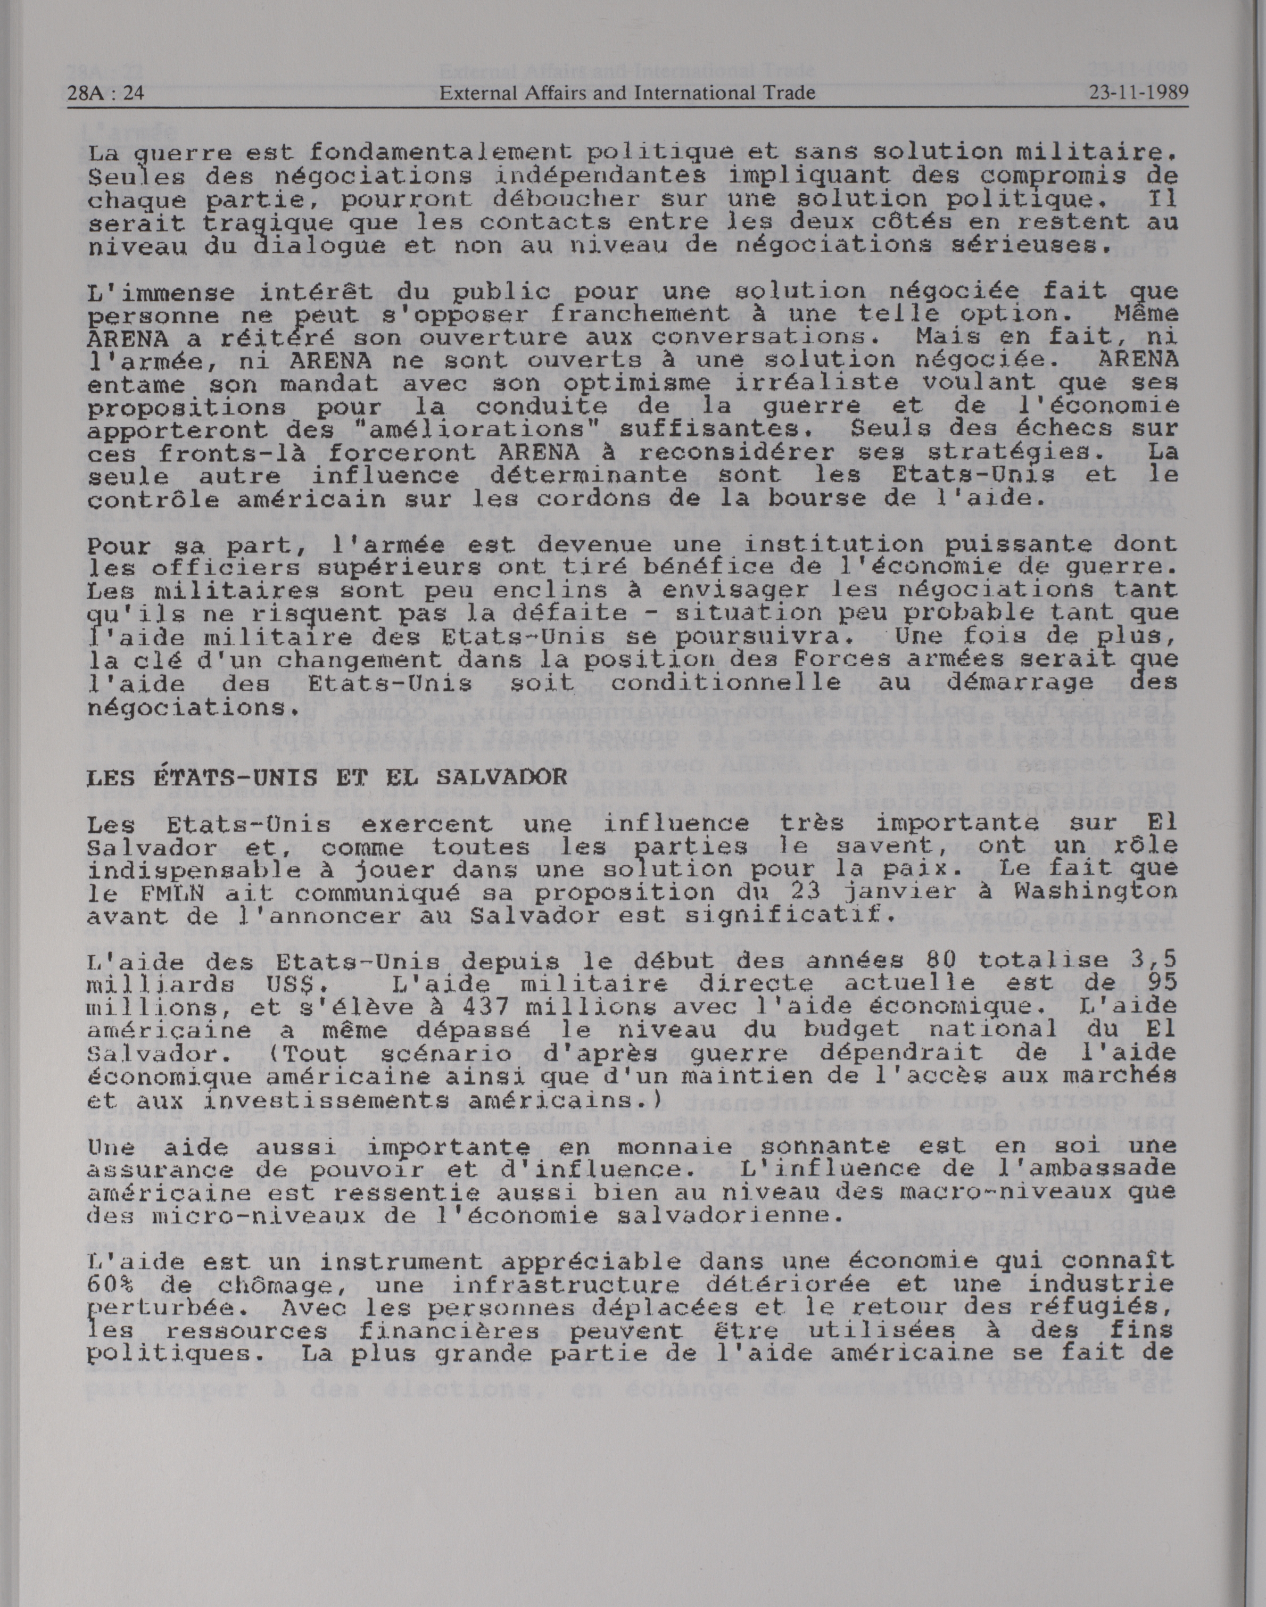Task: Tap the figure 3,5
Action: (x=1156, y=960)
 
